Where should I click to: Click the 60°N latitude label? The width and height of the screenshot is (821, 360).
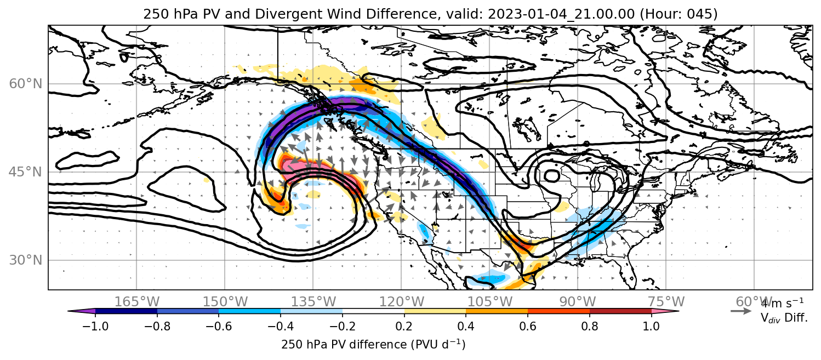pos(25,84)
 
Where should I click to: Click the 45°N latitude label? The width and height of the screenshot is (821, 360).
pos(25,172)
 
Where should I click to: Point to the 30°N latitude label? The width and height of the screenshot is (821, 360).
pos(25,260)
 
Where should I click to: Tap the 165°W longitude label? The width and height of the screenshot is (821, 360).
pos(136,302)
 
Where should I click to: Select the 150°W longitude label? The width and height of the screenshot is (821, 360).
pos(225,302)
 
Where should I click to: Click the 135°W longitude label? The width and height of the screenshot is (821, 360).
pos(313,302)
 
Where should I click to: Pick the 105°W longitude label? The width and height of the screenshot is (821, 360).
pos(489,302)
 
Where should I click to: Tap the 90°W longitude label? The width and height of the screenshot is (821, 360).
pos(578,302)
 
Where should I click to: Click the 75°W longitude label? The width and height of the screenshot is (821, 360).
pos(666,302)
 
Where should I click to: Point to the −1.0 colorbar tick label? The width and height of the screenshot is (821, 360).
pos(95,327)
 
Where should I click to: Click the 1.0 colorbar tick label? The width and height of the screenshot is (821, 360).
pos(651,327)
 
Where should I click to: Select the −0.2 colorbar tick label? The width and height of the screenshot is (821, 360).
pos(343,327)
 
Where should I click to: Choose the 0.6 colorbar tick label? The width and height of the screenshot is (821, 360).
pos(528,327)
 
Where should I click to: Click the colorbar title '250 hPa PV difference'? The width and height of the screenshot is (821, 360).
pos(344,345)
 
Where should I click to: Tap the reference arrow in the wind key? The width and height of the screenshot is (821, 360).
pos(741,311)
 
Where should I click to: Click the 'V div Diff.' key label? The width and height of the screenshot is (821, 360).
pos(784,318)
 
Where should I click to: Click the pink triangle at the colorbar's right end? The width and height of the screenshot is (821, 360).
pos(665,311)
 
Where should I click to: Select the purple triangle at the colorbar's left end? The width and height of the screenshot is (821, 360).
pos(81,311)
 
